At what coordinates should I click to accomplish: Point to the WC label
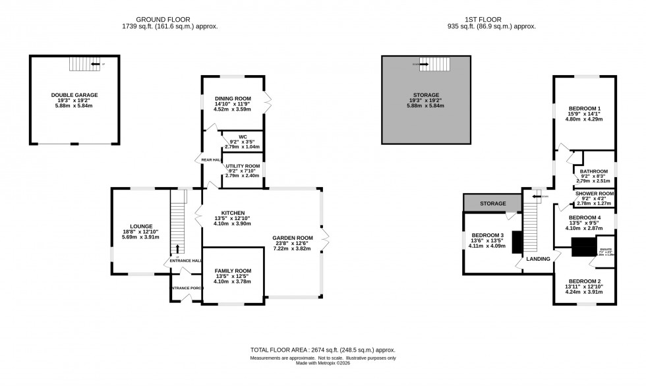(243, 137)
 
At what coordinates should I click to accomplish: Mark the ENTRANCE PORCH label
(186, 289)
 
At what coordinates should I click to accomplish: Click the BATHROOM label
(593, 171)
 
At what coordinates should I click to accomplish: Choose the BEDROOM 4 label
(585, 217)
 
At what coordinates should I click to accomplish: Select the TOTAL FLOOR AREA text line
(323, 350)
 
